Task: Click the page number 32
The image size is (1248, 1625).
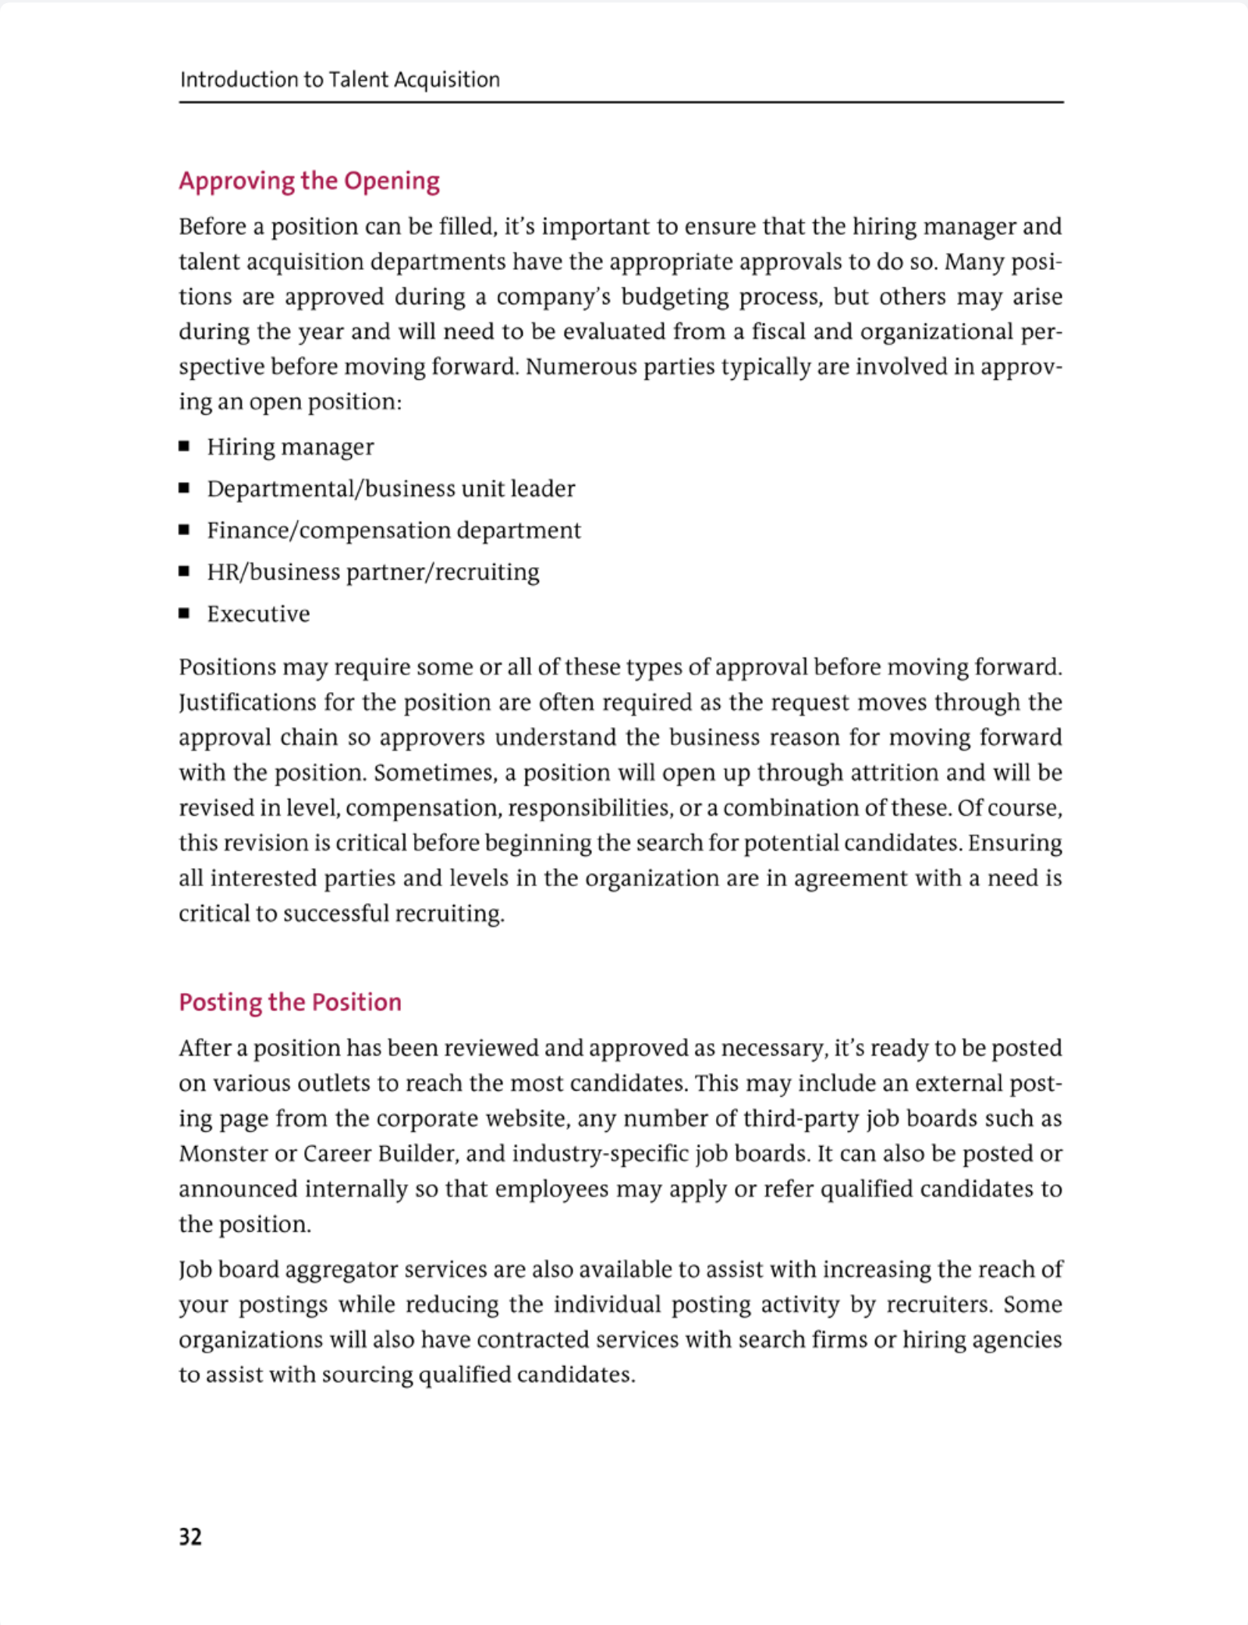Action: tap(190, 1536)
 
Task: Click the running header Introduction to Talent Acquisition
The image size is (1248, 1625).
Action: tap(339, 80)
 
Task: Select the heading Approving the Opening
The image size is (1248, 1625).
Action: tap(309, 181)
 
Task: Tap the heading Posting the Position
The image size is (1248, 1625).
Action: tap(289, 1002)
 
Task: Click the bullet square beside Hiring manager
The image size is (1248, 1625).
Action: tap(184, 446)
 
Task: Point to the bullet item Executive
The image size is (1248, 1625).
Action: tap(258, 614)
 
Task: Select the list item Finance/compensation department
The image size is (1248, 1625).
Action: tap(393, 530)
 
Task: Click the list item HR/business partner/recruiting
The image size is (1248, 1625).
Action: tap(373, 572)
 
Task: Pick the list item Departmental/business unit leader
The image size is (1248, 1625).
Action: tap(391, 488)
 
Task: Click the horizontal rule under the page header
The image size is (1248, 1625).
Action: tap(621, 102)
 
